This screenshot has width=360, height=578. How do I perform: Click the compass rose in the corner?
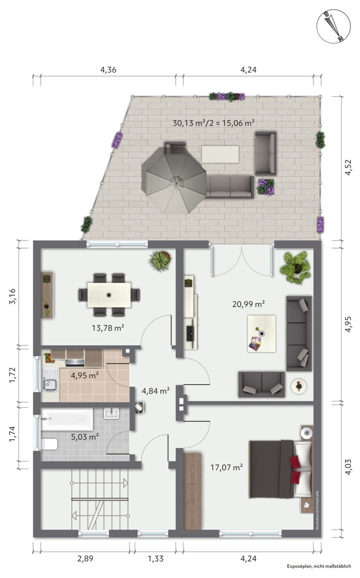334,26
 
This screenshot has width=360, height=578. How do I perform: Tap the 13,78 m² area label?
108,328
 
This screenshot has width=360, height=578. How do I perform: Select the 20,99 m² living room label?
249,304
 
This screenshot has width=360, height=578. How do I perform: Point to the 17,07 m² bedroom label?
227,467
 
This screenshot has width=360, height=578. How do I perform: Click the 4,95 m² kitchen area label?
85,375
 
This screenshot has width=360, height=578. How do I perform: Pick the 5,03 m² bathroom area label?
85,437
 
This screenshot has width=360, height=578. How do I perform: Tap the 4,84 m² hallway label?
155,391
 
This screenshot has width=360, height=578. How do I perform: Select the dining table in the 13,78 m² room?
109,295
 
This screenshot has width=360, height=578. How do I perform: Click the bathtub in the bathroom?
67,420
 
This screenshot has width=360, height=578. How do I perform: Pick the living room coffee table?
261,333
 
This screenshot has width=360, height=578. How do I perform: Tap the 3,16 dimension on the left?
12,297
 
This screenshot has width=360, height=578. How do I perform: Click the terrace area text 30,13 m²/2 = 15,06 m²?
214,123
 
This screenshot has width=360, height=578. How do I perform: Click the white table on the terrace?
220,154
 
